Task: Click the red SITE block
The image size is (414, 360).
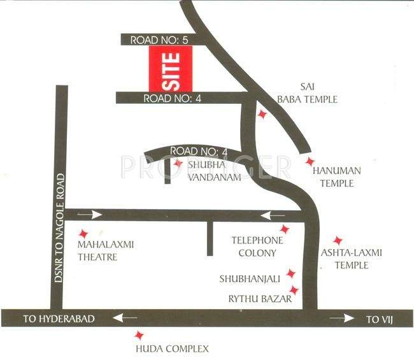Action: coord(169,69)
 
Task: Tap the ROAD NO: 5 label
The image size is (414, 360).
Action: coord(160,40)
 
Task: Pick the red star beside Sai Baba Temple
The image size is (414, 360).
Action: coord(262,115)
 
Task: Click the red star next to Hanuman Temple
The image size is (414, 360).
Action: coord(310,162)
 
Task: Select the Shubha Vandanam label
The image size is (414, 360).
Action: coord(214,171)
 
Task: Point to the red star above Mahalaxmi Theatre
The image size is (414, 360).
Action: coord(83,234)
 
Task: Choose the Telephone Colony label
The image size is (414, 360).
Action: coord(257,247)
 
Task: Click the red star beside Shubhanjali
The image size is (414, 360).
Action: coord(291,273)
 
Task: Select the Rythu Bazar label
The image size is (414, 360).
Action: coord(255,298)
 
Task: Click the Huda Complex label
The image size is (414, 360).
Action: coord(172,349)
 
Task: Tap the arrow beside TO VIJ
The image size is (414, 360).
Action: coord(341,317)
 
